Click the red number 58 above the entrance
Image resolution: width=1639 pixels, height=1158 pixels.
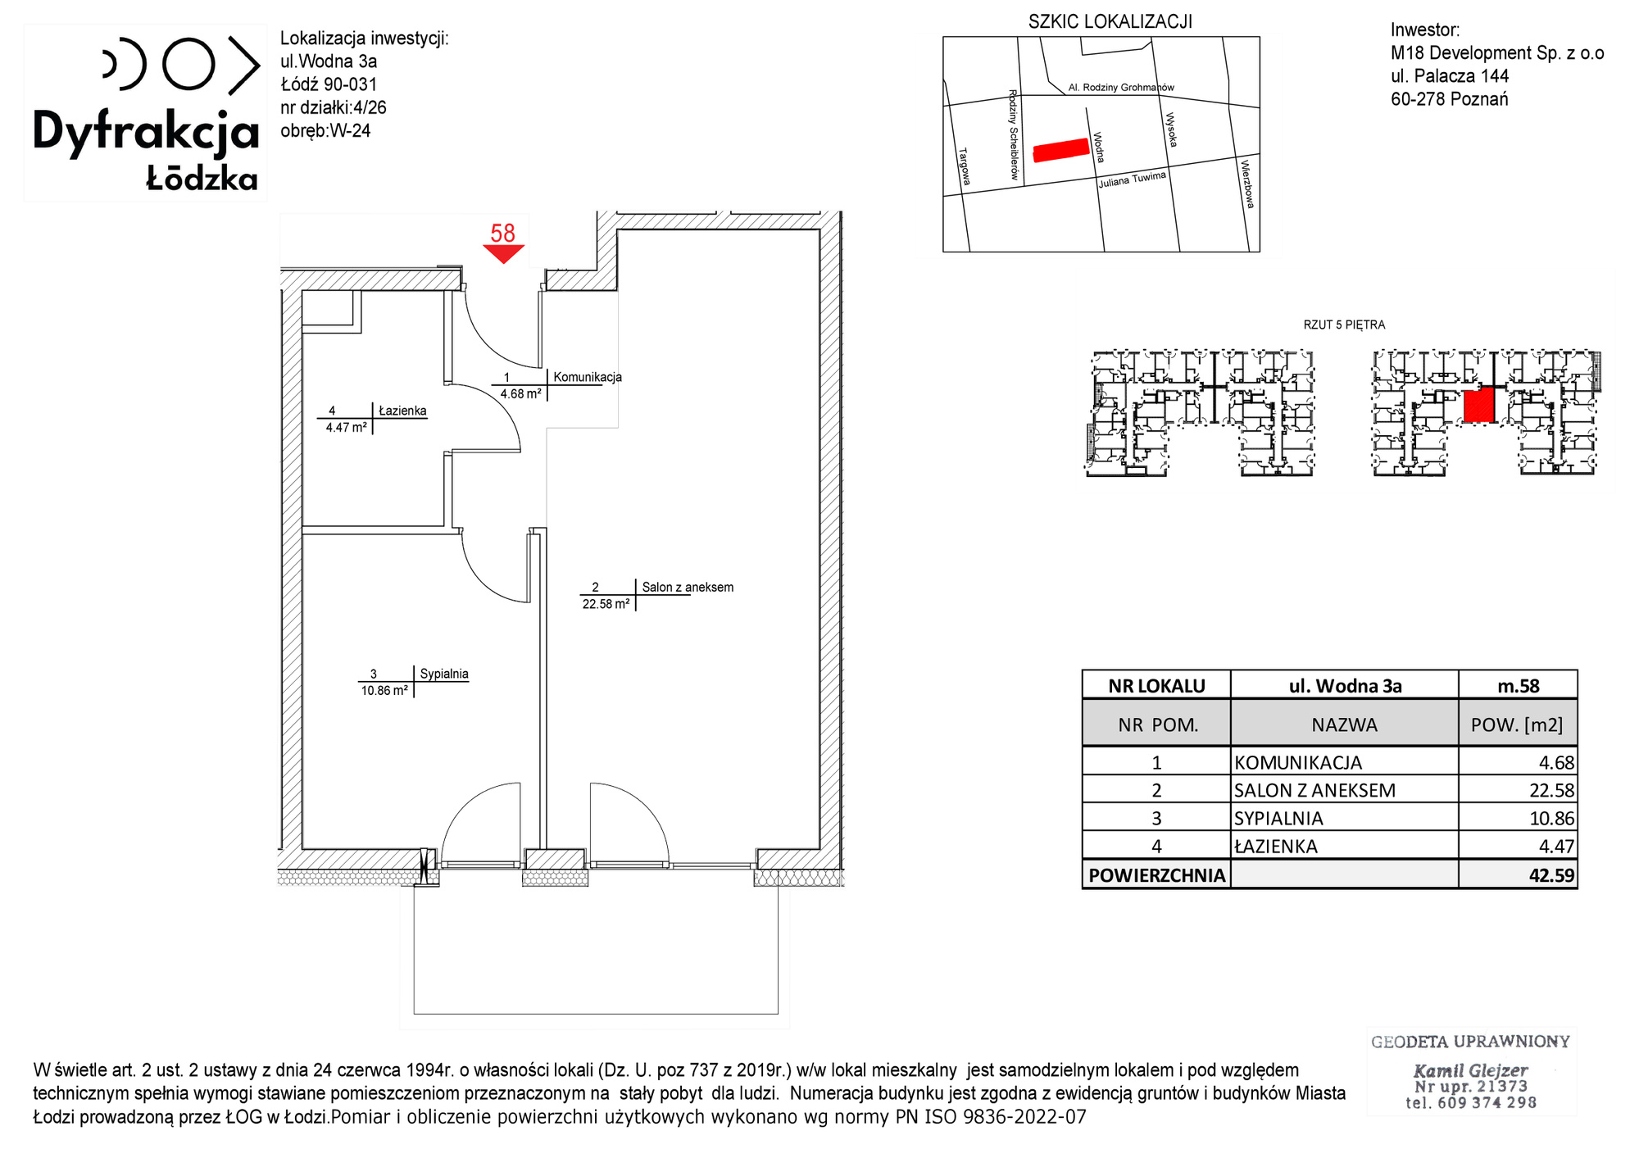[502, 234]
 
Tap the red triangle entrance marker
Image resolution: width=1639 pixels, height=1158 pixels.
[503, 253]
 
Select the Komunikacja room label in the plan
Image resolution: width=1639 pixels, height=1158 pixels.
[588, 377]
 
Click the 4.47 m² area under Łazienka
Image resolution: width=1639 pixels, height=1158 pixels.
[346, 427]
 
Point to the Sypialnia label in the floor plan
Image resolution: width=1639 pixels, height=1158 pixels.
[444, 674]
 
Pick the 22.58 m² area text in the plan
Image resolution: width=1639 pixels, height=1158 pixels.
[606, 604]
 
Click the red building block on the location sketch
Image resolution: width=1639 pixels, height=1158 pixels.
[1061, 150]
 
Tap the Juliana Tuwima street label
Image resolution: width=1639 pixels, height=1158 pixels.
[1133, 179]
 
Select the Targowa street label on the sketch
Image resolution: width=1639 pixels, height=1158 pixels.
[965, 166]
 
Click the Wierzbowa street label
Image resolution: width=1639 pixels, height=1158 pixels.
[1246, 184]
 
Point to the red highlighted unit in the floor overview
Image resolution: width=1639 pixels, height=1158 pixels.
[1479, 405]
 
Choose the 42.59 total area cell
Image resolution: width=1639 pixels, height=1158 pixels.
[1551, 875]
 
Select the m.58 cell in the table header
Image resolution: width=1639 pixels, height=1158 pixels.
[1519, 686]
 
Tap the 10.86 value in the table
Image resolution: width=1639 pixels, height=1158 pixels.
[1551, 818]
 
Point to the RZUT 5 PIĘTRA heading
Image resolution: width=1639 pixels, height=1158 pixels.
[1344, 325]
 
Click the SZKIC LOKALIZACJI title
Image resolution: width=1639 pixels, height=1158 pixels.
[1110, 22]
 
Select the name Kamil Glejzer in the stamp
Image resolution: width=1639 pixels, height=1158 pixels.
[1470, 1070]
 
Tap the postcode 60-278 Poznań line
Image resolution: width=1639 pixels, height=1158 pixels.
[1449, 99]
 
